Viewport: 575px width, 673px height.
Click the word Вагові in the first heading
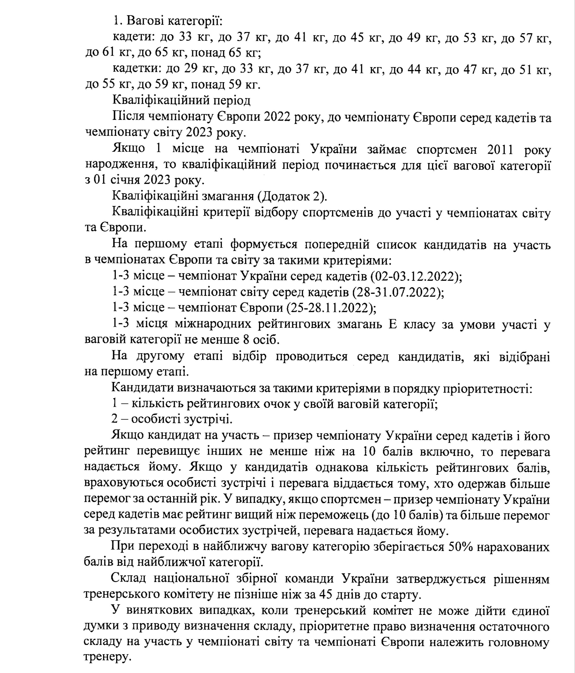146,21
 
